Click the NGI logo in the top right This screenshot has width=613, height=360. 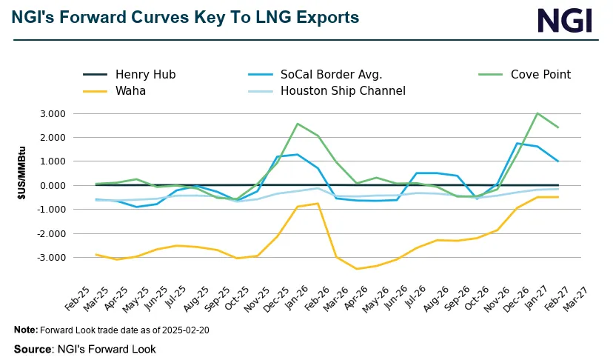[x=565, y=20]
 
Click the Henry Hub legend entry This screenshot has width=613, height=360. [x=145, y=74]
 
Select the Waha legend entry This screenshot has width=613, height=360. [x=131, y=91]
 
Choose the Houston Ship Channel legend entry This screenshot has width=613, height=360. [x=343, y=91]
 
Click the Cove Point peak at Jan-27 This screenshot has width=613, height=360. [x=537, y=113]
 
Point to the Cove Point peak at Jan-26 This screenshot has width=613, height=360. [x=297, y=124]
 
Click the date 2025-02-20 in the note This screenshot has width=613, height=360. [x=183, y=330]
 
